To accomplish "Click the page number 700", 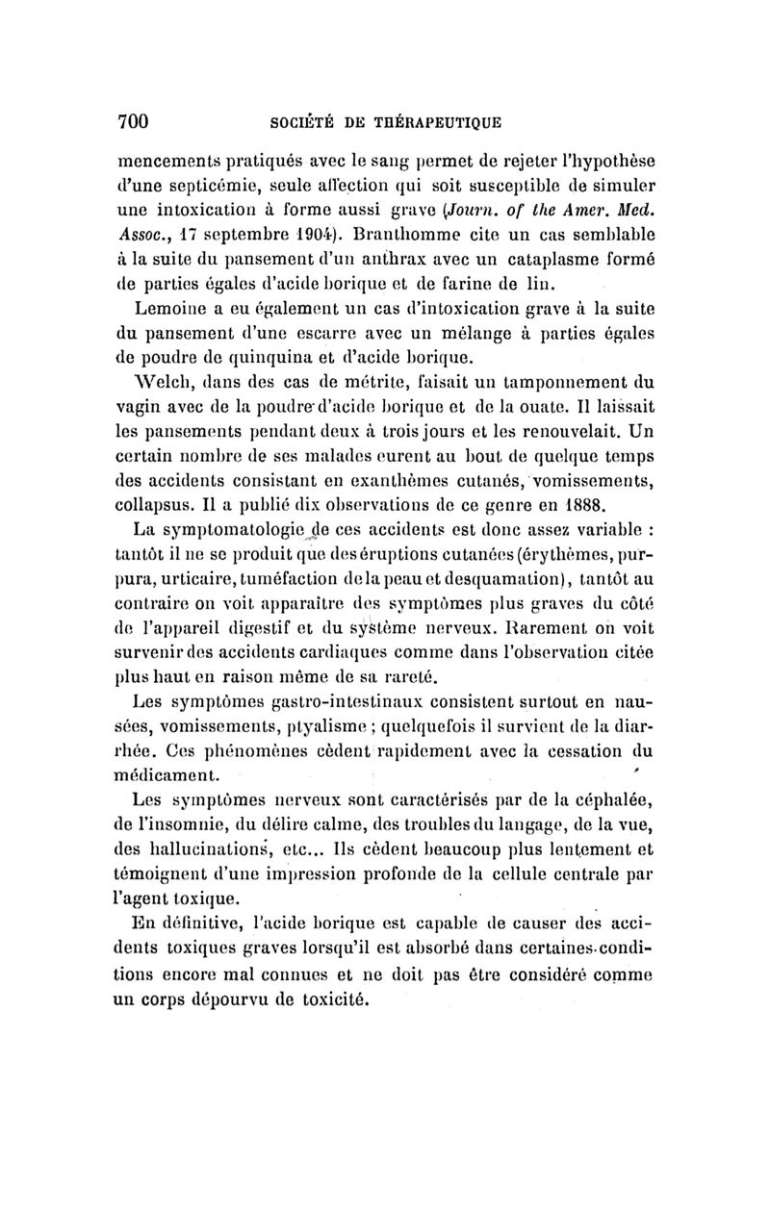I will (132, 120).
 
